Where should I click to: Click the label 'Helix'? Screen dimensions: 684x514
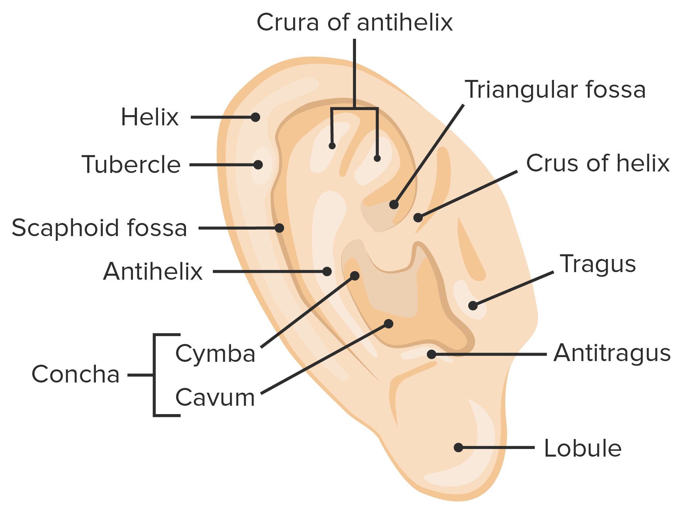pos(150,117)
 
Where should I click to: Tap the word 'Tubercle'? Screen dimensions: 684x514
pos(131,165)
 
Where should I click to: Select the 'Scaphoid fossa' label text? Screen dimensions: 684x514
pos(99,228)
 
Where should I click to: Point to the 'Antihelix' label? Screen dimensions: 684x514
pos(153,271)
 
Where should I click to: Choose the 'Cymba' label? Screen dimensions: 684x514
pos(215,354)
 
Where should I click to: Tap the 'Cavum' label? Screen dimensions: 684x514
pos(215,397)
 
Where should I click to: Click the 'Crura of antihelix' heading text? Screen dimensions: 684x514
pos(355,22)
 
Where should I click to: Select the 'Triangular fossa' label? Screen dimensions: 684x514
pos(555,90)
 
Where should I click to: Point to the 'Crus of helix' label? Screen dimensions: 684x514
pos(598,163)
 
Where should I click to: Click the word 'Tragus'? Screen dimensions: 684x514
pos(598,264)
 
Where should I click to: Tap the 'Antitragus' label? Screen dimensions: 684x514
pos(612,353)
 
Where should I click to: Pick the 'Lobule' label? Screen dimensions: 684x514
pos(583,448)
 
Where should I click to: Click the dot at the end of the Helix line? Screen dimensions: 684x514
pos(255,117)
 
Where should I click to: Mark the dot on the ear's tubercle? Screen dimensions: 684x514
pos(258,165)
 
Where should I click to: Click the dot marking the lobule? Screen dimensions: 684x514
pos(458,448)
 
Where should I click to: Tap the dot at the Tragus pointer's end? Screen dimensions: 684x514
pos(473,305)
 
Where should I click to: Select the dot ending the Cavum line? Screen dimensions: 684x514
pos(389,324)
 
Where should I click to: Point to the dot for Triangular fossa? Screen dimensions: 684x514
pos(394,205)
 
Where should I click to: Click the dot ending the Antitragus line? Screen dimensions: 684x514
pos(432,354)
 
